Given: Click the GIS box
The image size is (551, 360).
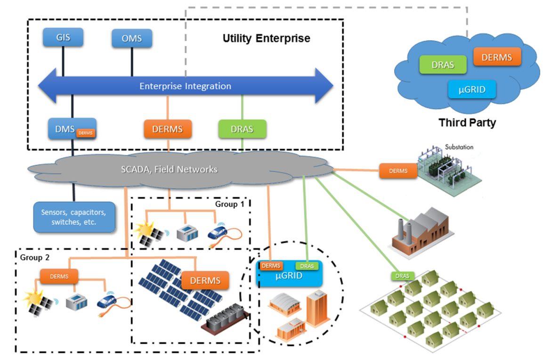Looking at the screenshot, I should coord(63,37).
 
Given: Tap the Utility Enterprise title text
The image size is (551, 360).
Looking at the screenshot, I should coord(266,38).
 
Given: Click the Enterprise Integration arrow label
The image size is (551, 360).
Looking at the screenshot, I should coord(185,86).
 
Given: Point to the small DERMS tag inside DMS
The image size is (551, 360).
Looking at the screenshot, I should coord(86,133).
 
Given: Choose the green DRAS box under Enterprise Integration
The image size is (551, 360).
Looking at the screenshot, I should coord(243,129).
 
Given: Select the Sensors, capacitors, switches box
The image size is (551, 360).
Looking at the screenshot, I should coord(74,216).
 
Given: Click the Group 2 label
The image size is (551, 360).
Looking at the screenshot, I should coord(35,257).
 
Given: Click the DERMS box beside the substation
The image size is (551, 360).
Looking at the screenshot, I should coord(398,171).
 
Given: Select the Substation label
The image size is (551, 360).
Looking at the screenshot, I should coord(459,147).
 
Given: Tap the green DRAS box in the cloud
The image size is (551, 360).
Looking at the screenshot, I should coord(443,65).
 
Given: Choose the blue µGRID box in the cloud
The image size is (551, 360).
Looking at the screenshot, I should coord(472,88).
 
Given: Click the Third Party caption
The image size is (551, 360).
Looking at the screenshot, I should coord(467,123).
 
